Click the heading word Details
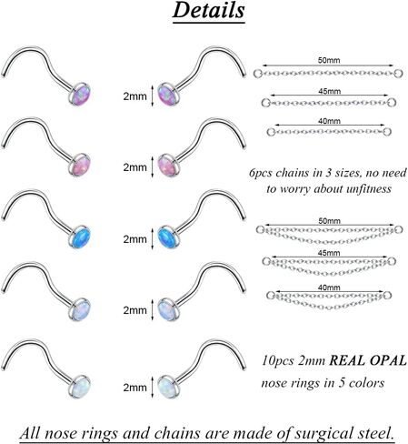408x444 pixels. click(208, 10)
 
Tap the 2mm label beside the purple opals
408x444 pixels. click(134, 96)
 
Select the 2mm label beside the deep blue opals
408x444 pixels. click(134, 239)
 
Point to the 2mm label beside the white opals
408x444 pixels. click(134, 388)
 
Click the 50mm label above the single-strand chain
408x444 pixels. click(329, 60)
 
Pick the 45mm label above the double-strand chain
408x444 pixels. click(329, 253)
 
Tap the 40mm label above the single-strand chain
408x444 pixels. click(329, 121)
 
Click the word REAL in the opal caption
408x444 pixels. click(347, 360)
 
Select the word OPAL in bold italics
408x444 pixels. click(388, 360)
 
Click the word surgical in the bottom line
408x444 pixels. click(323, 432)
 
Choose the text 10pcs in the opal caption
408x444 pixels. click(278, 360)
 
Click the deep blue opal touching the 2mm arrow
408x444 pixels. click(167, 237)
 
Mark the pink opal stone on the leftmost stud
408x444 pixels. click(81, 166)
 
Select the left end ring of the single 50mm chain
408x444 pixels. click(257, 74)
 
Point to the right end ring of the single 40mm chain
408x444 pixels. click(387, 132)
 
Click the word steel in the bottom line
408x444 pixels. click(375, 432)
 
